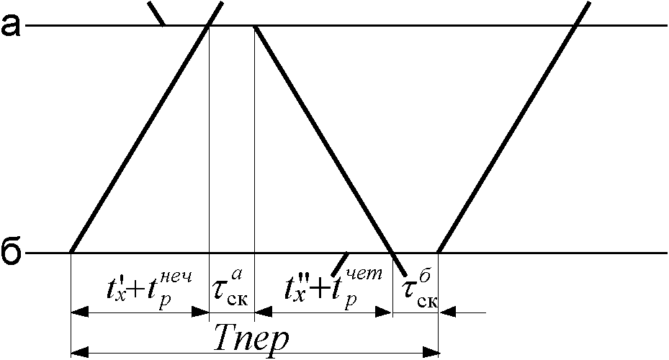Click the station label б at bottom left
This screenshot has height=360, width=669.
coord(11,253)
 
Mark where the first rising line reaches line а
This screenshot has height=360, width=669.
coord(209,26)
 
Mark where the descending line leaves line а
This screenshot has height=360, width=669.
coord(255,26)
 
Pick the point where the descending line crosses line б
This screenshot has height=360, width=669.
coord(393,253)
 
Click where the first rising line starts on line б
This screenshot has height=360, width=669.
coord(71,253)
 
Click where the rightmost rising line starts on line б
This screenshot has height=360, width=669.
coord(438,253)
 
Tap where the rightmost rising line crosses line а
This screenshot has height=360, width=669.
coord(575,26)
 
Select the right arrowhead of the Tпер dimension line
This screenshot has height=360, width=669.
coord(431,352)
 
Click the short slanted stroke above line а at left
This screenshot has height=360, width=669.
coord(156,13)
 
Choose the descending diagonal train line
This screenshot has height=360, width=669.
coord(324,140)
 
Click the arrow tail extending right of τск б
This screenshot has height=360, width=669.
coord(472,312)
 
